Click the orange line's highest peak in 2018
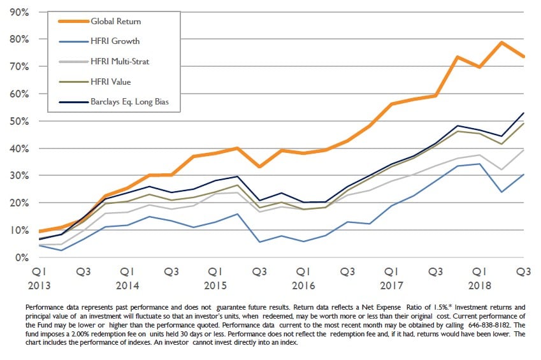pyautogui.click(x=501, y=43)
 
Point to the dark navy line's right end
pyautogui.click(x=524, y=113)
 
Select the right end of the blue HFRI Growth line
pyautogui.click(x=524, y=175)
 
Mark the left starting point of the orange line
pyautogui.click(x=40, y=231)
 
